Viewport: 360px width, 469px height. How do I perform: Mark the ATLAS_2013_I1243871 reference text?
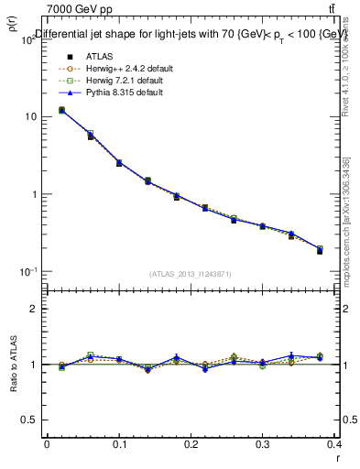[x=191, y=274]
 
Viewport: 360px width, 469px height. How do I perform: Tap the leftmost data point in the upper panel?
[x=61, y=111]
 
